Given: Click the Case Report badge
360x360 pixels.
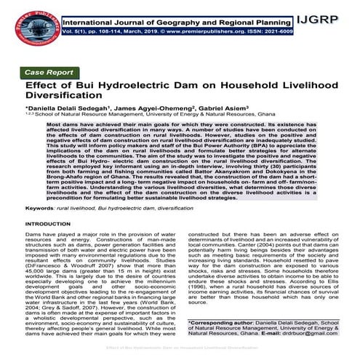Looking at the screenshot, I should click(x=54, y=73).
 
